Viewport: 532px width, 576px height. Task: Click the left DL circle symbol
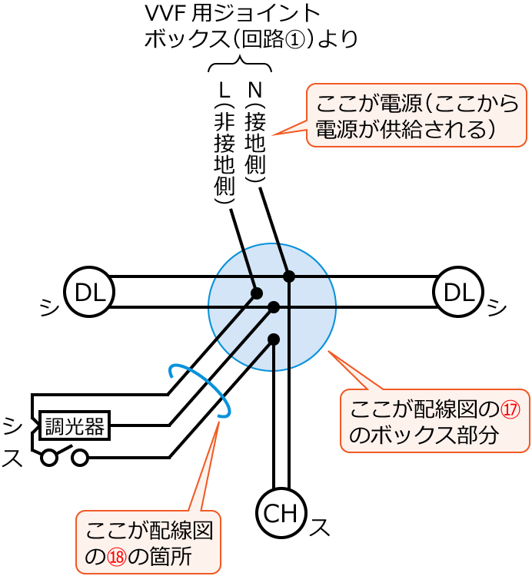(89, 292)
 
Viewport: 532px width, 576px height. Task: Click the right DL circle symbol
(458, 292)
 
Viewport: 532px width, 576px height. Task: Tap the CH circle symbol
(281, 513)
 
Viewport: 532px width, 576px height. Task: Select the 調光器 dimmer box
(75, 425)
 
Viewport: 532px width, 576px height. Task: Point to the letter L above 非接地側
(224, 91)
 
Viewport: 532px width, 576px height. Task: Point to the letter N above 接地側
(254, 91)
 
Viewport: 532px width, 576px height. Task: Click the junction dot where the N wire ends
(289, 276)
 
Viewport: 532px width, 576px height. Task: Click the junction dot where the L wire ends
(257, 293)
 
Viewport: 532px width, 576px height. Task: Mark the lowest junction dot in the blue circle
(274, 339)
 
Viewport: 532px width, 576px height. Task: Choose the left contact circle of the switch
(50, 458)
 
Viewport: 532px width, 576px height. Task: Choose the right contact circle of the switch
(80, 458)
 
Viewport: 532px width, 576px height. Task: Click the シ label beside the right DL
(497, 307)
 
